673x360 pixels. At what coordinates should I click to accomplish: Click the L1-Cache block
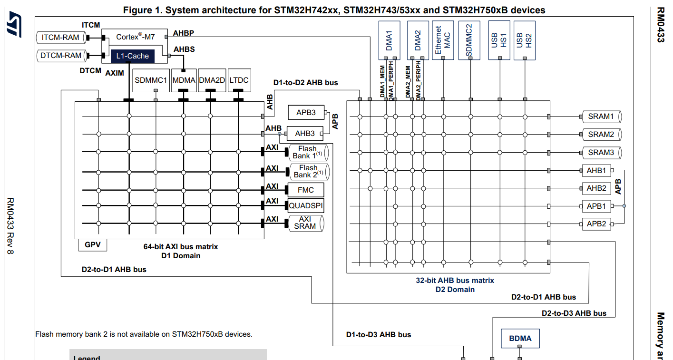pyautogui.click(x=133, y=56)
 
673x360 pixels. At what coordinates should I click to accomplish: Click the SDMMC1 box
pyautogui.click(x=151, y=80)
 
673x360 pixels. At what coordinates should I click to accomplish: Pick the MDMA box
pyautogui.click(x=184, y=80)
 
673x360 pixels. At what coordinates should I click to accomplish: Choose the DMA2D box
pyautogui.click(x=212, y=80)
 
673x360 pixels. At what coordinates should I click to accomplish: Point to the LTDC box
pyautogui.click(x=239, y=80)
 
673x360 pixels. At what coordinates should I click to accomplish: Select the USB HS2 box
pyautogui.click(x=524, y=40)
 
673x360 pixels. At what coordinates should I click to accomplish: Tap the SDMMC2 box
pyautogui.click(x=469, y=40)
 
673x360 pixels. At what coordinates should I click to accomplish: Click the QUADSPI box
pyautogui.click(x=306, y=206)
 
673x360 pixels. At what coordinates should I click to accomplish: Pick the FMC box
pyautogui.click(x=306, y=190)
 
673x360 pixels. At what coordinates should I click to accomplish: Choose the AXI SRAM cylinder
pyautogui.click(x=305, y=223)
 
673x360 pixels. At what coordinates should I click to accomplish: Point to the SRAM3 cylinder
pyautogui.click(x=602, y=153)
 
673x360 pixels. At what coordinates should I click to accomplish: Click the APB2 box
pyautogui.click(x=596, y=224)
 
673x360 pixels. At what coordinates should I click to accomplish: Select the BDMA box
pyautogui.click(x=520, y=339)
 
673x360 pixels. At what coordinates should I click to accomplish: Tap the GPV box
pyautogui.click(x=93, y=245)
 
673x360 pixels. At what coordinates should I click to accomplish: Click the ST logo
pyautogui.click(x=14, y=25)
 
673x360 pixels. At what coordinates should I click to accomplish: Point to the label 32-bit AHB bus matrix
pyautogui.click(x=455, y=281)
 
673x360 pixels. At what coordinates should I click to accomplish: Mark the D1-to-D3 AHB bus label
pyautogui.click(x=379, y=335)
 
